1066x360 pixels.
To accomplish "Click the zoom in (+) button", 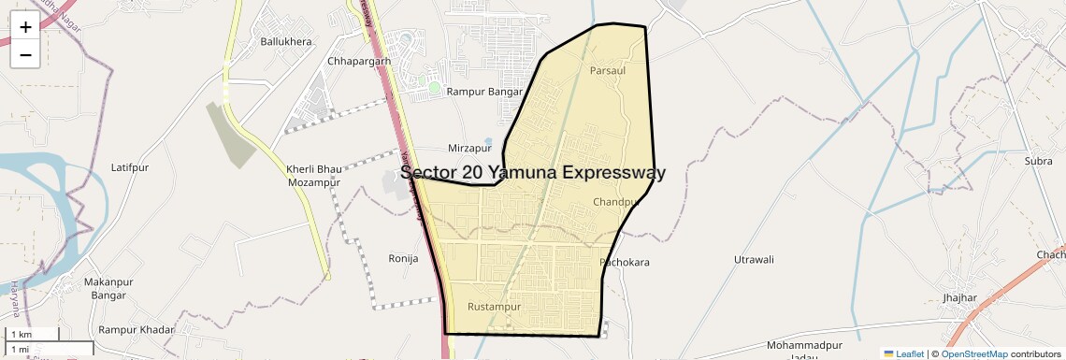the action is coord(25,27).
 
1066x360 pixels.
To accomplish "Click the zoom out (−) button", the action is coord(25,54).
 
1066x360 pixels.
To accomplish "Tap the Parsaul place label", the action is coord(608,70).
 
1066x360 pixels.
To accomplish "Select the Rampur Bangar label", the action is coord(484,92).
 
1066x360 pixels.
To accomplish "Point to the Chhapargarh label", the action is coord(359,62).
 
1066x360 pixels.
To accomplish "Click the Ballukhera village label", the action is coord(286,42).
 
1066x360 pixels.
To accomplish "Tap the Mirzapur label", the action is coord(469,149).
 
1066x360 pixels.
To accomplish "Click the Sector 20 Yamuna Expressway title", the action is coord(533,173).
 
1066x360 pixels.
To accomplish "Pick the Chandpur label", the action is coord(615,202).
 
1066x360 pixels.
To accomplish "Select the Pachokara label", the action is coord(625,263).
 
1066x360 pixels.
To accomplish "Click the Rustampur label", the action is coord(494,307).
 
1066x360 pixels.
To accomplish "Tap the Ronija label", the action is coord(403,258).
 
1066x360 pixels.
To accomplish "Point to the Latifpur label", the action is coord(130,167).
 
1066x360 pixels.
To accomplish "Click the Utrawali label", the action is coord(754,258).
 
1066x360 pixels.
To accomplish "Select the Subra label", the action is coord(1038,162).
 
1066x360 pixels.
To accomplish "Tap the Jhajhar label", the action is coord(960,298).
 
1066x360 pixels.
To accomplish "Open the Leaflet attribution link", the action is coord(903,353).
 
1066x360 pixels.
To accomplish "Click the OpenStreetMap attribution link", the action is coord(973,353).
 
